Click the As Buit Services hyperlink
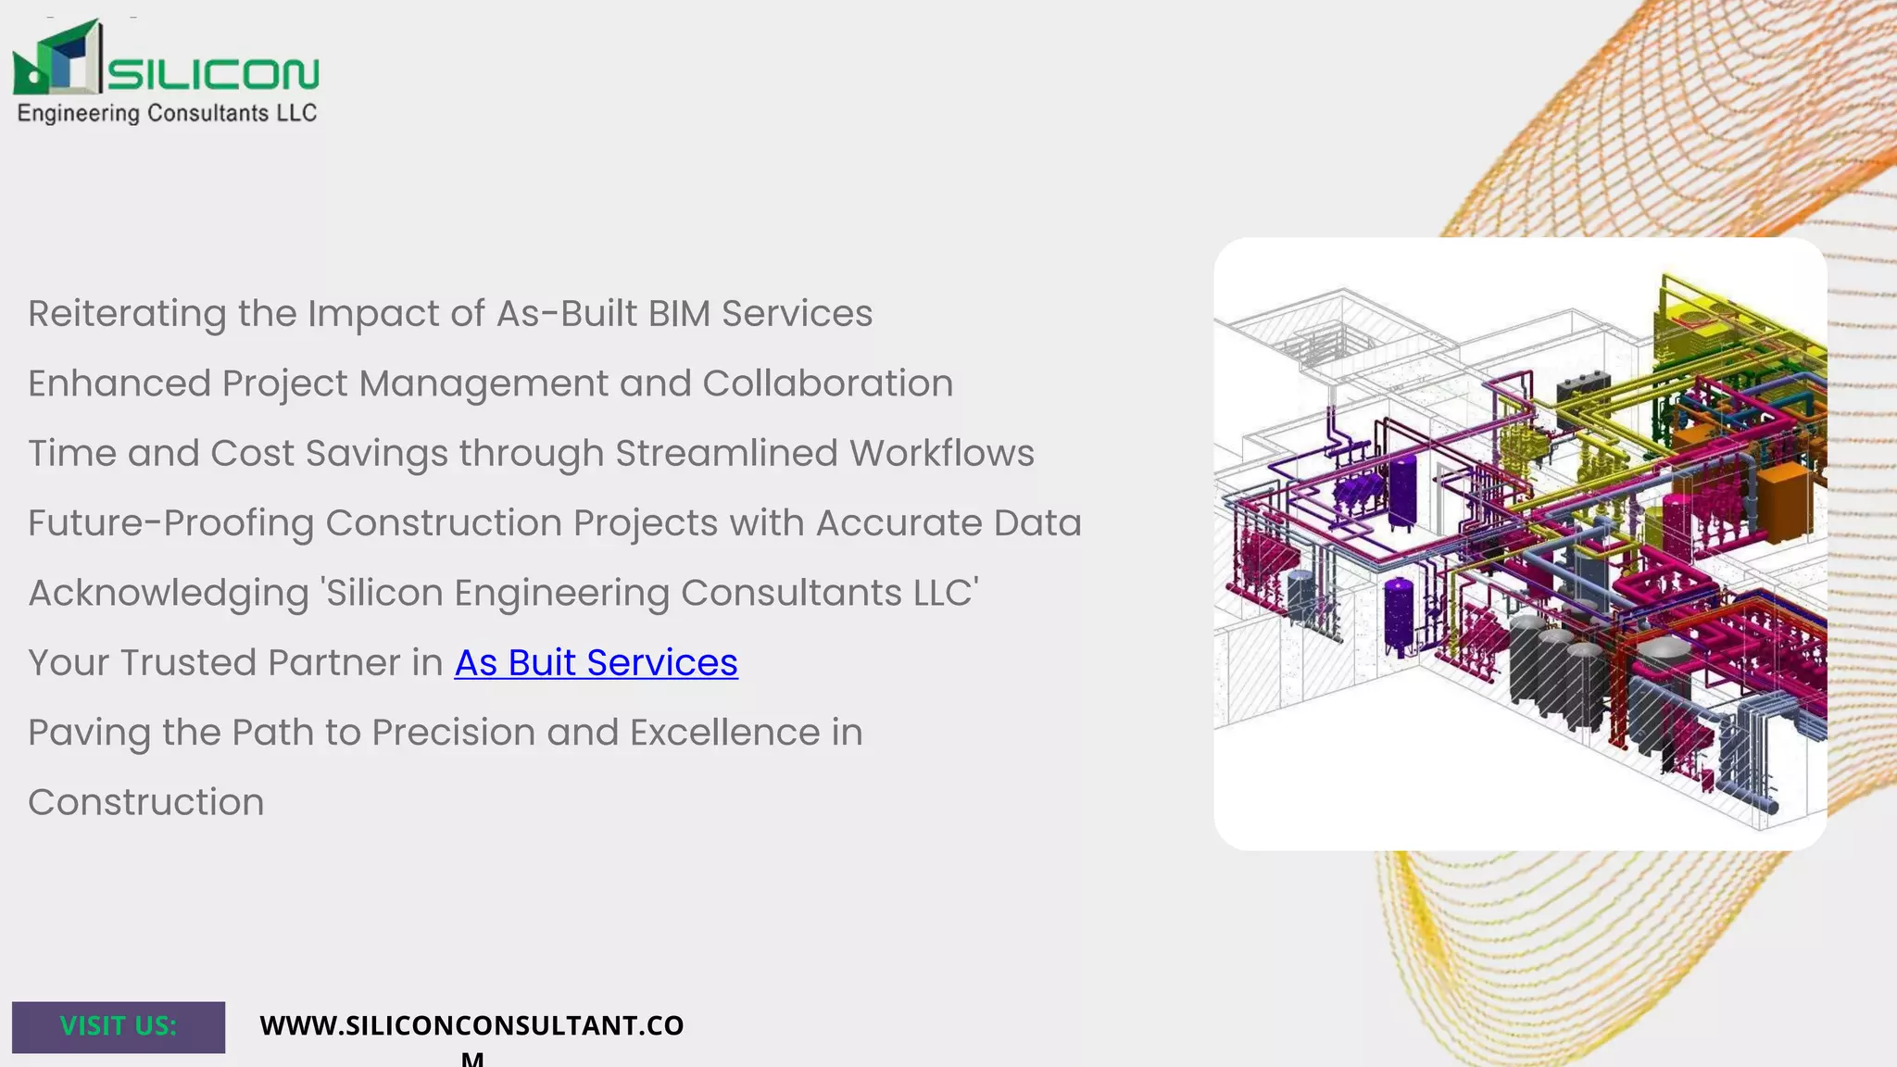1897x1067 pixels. (596, 663)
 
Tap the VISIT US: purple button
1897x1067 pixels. (119, 1026)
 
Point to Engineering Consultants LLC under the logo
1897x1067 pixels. (167, 113)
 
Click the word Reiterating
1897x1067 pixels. (127, 315)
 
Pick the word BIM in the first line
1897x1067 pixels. (679, 314)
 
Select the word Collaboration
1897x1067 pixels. (827, 383)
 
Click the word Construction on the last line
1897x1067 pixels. (146, 802)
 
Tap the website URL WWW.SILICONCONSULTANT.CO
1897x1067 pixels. (471, 1026)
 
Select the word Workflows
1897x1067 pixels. (942, 454)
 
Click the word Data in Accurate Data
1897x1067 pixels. (1037, 523)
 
